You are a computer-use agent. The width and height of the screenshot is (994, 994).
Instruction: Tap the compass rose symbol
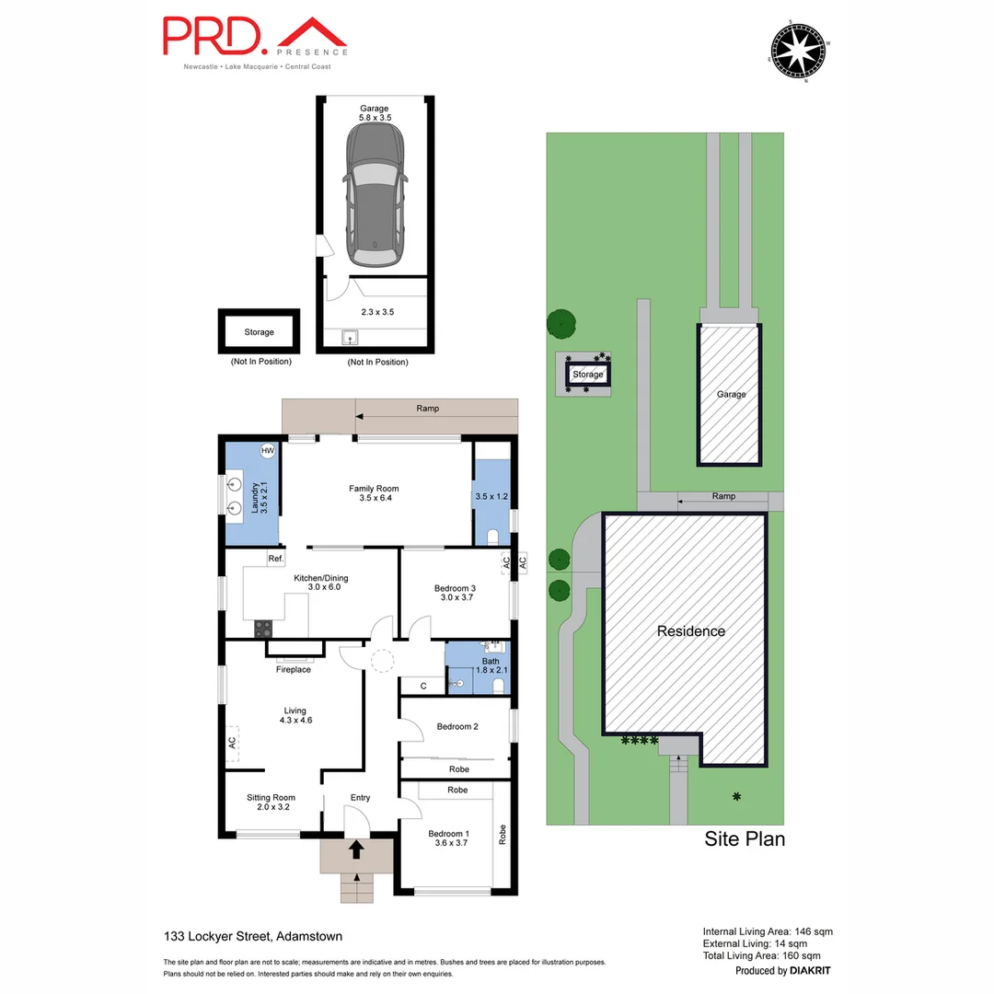tap(800, 50)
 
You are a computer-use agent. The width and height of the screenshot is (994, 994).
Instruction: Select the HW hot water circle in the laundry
tap(268, 451)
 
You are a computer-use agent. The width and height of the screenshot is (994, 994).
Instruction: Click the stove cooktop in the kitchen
tap(263, 629)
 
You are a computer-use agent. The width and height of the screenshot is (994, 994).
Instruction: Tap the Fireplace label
tap(294, 669)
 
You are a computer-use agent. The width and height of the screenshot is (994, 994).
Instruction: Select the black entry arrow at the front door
tap(356, 848)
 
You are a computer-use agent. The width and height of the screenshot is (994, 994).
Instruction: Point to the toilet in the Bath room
tap(498, 684)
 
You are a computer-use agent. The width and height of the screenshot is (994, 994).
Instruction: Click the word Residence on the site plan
tap(690, 631)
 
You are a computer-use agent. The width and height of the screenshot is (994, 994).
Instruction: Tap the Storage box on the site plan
tap(587, 375)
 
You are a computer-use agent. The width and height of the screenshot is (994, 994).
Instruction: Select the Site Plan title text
tap(744, 838)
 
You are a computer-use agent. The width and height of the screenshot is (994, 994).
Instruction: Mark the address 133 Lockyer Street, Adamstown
tap(248, 936)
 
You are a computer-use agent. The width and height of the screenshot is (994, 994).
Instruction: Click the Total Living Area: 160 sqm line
tap(767, 956)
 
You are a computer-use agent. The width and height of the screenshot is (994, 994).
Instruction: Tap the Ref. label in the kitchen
tap(275, 559)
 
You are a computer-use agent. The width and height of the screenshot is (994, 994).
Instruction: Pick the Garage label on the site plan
tap(731, 394)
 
